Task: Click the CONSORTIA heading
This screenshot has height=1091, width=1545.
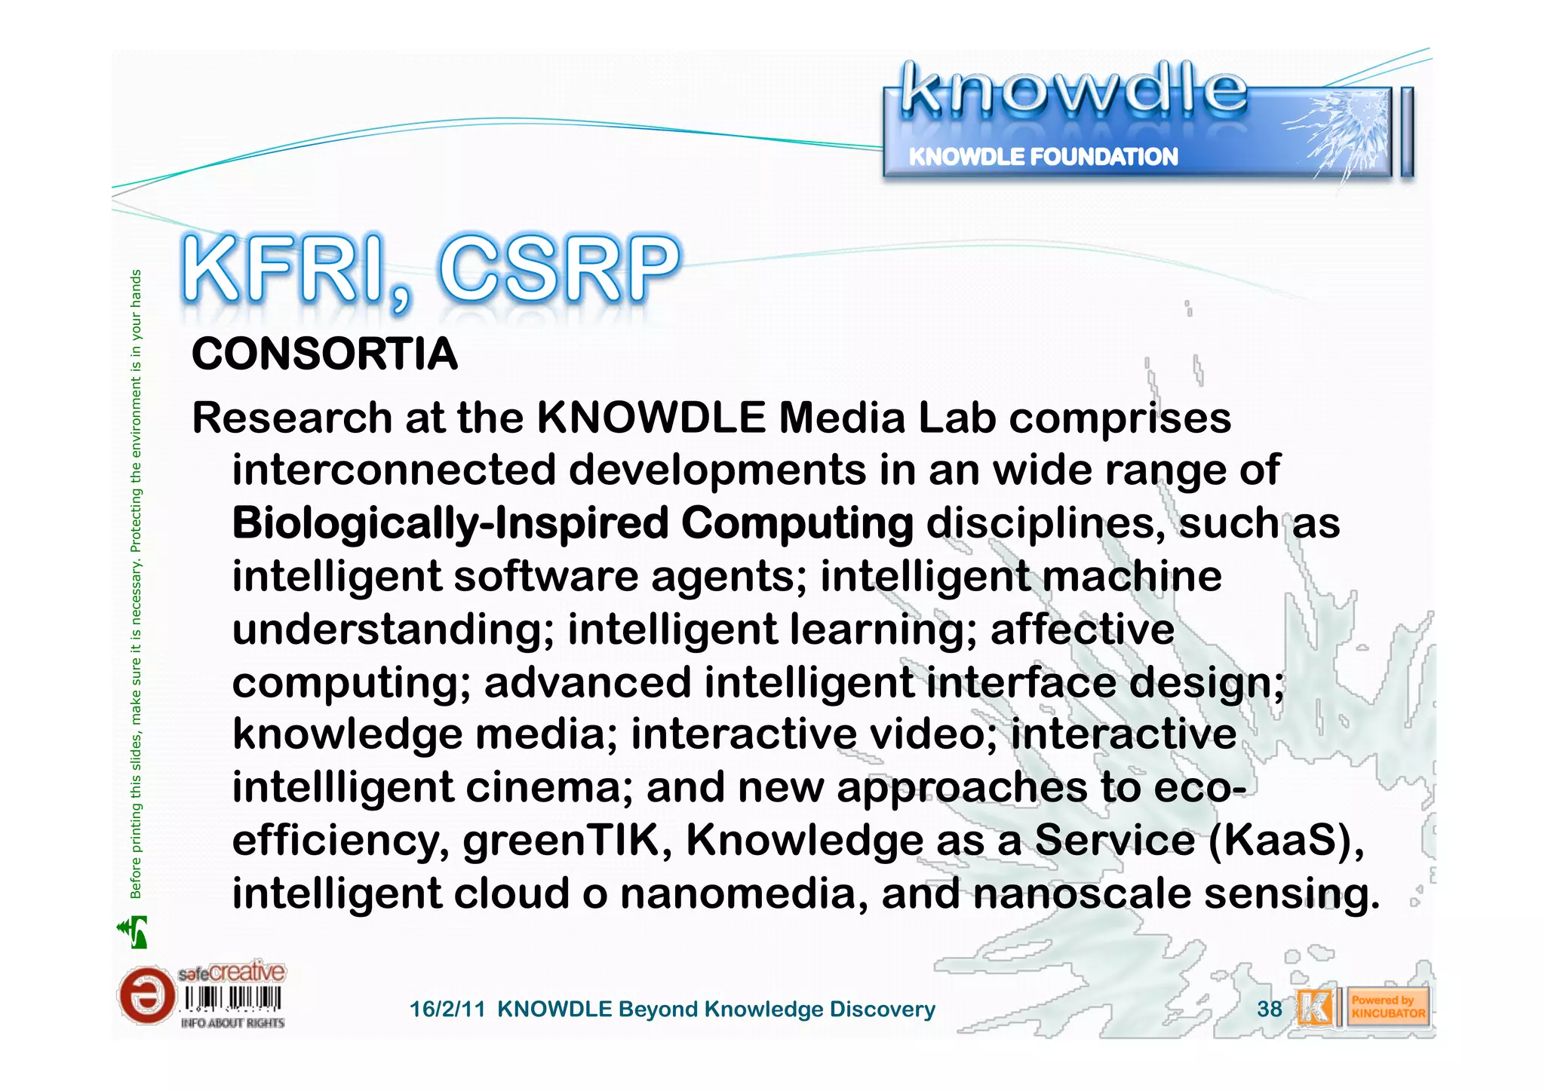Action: [324, 354]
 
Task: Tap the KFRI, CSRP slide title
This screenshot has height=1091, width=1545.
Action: [431, 270]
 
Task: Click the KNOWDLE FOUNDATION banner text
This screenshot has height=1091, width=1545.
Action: [1043, 157]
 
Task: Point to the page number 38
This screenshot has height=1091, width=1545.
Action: [1269, 1009]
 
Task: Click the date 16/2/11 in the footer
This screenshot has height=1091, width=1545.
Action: [447, 1009]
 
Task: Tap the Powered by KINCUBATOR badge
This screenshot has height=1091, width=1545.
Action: [1387, 1007]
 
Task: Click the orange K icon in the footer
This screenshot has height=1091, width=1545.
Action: [1315, 1008]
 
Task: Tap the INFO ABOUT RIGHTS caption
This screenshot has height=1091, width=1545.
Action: [232, 1023]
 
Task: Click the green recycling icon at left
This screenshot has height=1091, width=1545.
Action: [134, 932]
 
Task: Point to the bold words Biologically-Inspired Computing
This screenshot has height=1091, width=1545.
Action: [573, 523]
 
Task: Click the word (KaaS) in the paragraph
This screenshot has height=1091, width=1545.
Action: [1285, 840]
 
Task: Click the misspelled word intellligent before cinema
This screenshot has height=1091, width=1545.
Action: [343, 787]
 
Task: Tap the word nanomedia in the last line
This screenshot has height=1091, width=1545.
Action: [743, 893]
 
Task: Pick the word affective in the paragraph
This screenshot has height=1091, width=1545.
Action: [1082, 629]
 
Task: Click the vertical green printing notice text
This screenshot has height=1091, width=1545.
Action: [136, 584]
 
